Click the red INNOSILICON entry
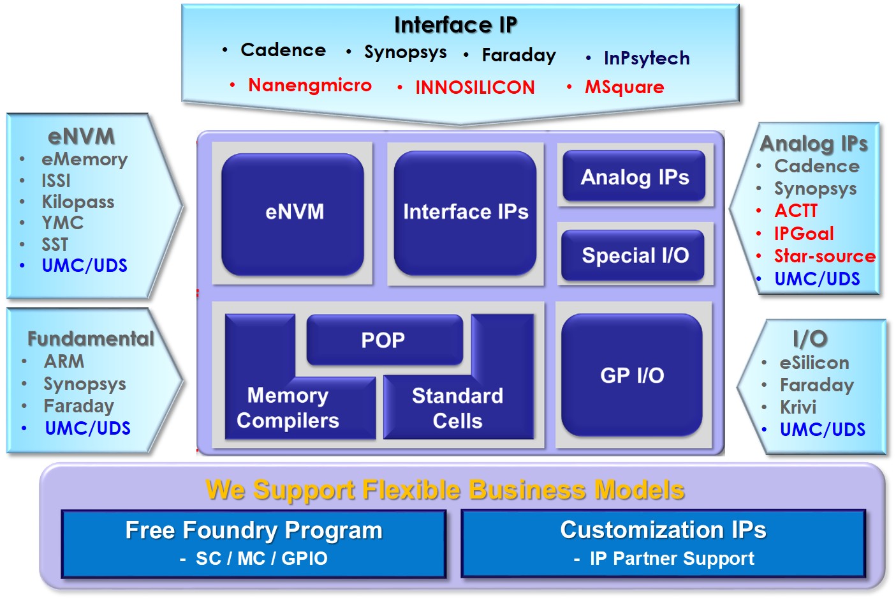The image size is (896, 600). [474, 87]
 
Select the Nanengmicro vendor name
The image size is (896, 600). [309, 85]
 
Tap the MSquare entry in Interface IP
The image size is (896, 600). [624, 87]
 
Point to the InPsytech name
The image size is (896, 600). [646, 58]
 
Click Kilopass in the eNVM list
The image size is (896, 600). [78, 202]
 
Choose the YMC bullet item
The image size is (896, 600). [62, 223]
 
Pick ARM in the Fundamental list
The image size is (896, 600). [64, 361]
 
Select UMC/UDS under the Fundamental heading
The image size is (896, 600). [87, 428]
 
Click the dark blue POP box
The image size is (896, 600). [384, 340]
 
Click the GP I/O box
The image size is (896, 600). [631, 375]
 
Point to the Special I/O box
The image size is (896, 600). [635, 255]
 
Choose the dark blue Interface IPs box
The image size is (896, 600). [466, 212]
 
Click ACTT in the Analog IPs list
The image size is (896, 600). [795, 211]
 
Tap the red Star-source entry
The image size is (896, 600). [825, 256]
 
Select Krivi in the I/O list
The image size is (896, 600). [798, 407]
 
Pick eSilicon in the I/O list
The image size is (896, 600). [814, 363]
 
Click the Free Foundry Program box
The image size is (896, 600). [254, 543]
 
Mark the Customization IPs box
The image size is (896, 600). [663, 543]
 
